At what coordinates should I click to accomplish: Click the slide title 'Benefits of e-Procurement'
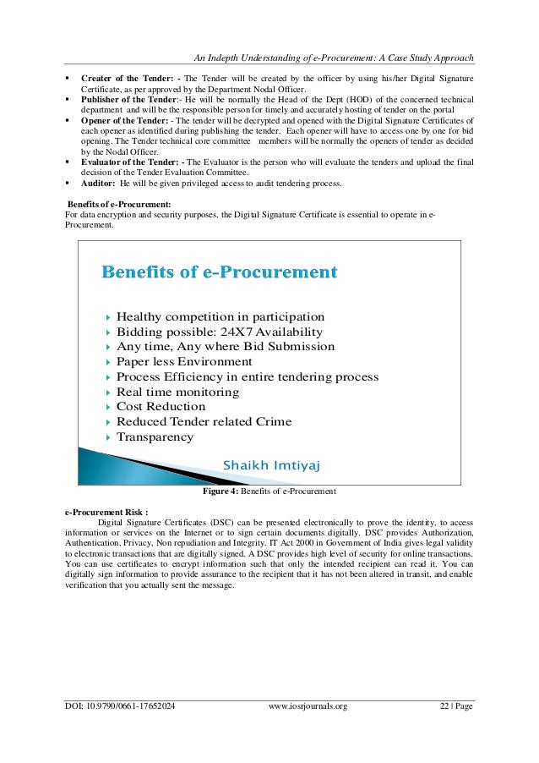220,272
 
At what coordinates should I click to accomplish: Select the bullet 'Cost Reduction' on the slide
161,407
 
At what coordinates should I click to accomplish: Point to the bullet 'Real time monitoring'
177,392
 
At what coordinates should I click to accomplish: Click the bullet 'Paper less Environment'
184,361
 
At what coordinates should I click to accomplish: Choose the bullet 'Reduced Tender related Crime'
204,422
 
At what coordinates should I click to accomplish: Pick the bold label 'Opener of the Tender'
120,121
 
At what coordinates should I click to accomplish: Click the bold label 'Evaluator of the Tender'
125,161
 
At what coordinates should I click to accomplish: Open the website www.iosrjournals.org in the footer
307,705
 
